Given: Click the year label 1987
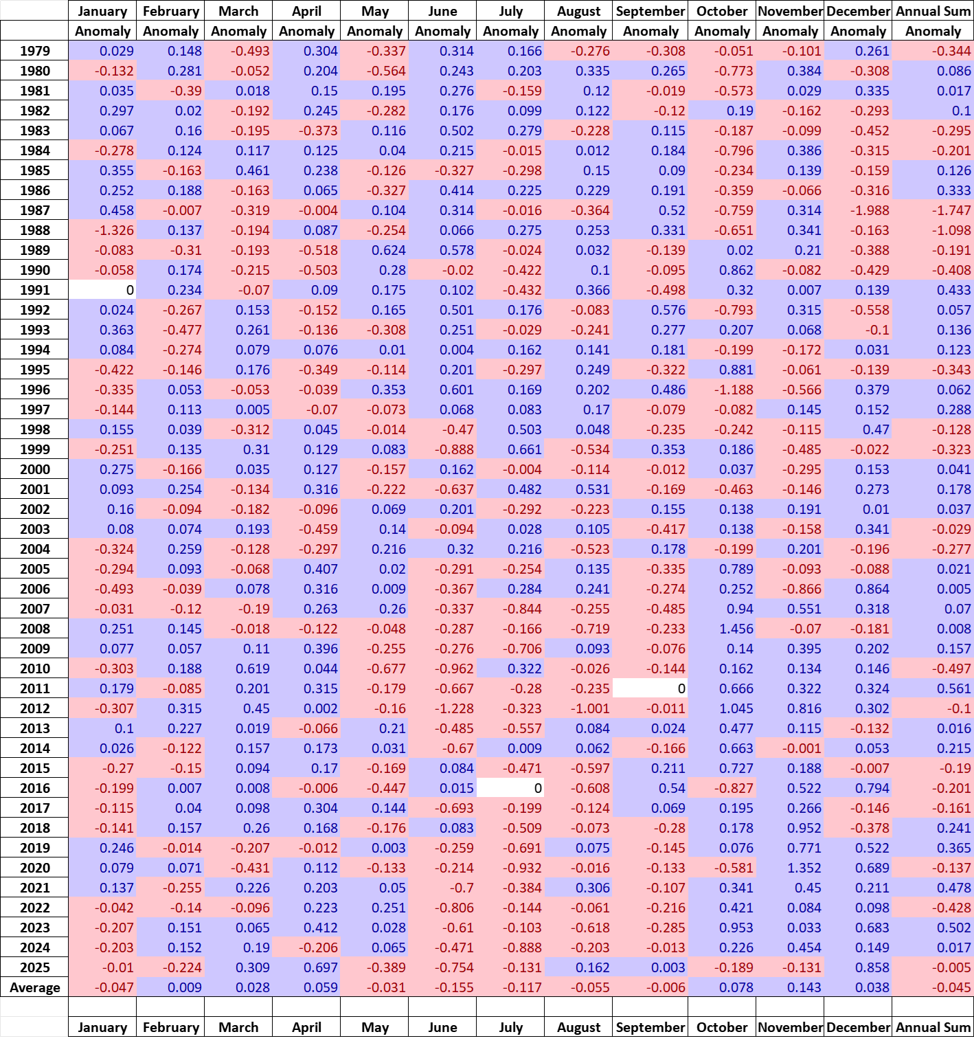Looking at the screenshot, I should [35, 210].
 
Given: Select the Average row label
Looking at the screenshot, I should [35, 987].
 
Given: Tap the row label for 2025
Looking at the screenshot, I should [35, 967].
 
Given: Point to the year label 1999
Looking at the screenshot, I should [35, 449].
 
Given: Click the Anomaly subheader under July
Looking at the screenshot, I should [510, 31].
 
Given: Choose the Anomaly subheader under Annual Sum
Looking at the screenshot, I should [933, 31].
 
